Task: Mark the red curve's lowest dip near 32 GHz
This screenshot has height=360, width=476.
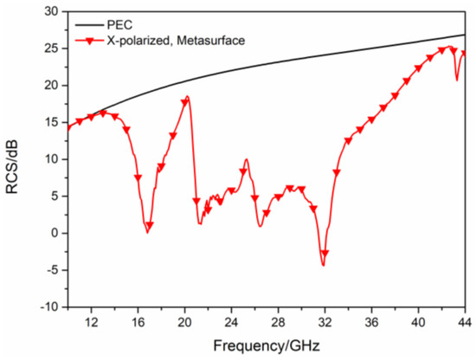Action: (324, 265)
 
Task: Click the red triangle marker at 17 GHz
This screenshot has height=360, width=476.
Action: (150, 226)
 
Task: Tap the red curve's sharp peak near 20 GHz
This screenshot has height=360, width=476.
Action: (187, 97)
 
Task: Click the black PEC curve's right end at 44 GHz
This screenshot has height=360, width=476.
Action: (465, 35)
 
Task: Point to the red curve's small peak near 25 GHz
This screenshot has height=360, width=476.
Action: (247, 159)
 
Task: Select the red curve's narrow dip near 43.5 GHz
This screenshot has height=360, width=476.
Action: (458, 80)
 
